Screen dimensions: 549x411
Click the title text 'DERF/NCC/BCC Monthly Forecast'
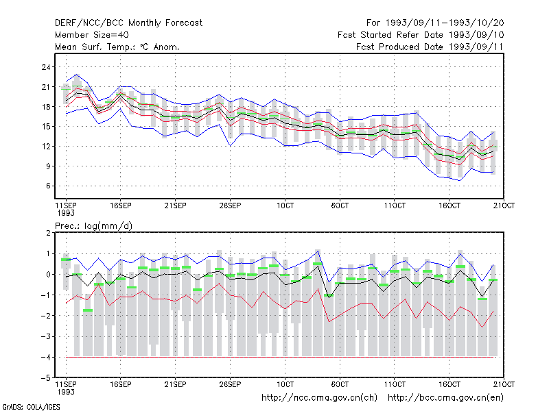[x=128, y=23]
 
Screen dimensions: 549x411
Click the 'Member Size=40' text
[x=92, y=35]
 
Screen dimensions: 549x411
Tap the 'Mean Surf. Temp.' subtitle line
[x=117, y=47]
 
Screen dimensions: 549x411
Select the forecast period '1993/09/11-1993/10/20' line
[x=435, y=23]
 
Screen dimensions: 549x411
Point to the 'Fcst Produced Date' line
[x=430, y=47]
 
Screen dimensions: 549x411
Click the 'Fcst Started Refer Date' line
[x=421, y=35]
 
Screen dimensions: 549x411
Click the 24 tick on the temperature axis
[x=46, y=67]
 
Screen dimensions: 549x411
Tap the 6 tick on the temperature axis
[x=48, y=186]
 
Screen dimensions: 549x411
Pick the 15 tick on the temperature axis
[x=46, y=127]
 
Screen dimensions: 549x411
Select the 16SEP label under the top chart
[x=121, y=206]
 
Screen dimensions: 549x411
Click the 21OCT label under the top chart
[x=504, y=206]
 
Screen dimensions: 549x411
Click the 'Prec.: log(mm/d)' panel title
[x=93, y=226]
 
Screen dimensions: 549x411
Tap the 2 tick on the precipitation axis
[x=48, y=233]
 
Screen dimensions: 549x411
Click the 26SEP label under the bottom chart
[x=230, y=384]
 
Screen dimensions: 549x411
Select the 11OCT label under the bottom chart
[x=395, y=384]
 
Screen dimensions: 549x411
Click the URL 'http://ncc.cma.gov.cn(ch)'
[x=319, y=398]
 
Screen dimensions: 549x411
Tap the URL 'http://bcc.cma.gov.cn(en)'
[x=445, y=398]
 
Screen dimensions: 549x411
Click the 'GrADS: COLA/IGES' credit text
[x=31, y=407]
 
